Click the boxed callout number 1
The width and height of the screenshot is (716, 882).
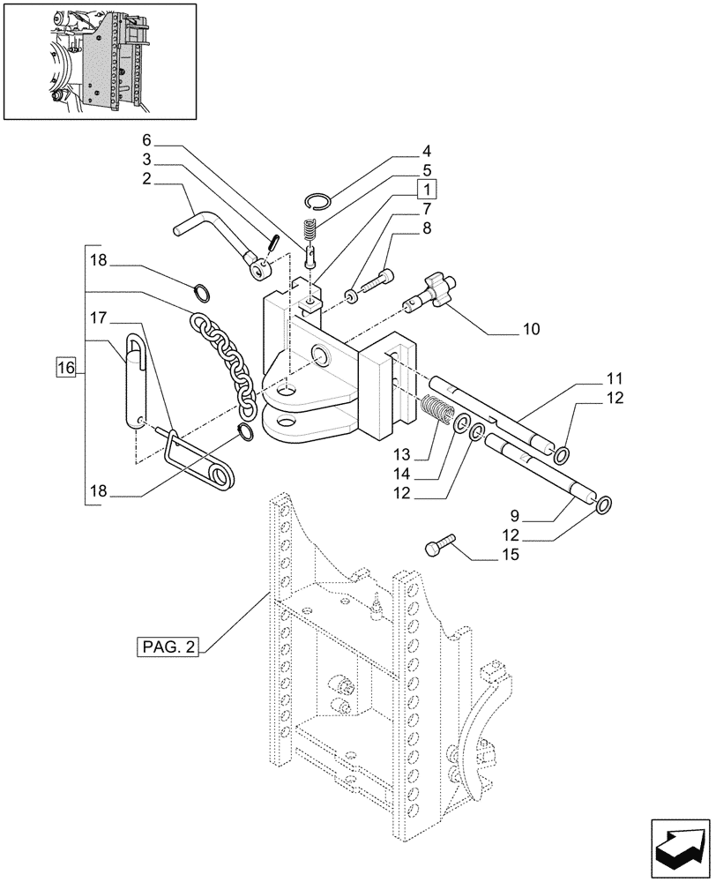point(426,189)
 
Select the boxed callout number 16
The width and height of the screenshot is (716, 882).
point(67,367)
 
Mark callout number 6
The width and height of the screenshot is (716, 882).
point(146,139)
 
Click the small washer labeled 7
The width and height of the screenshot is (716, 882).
point(352,295)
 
